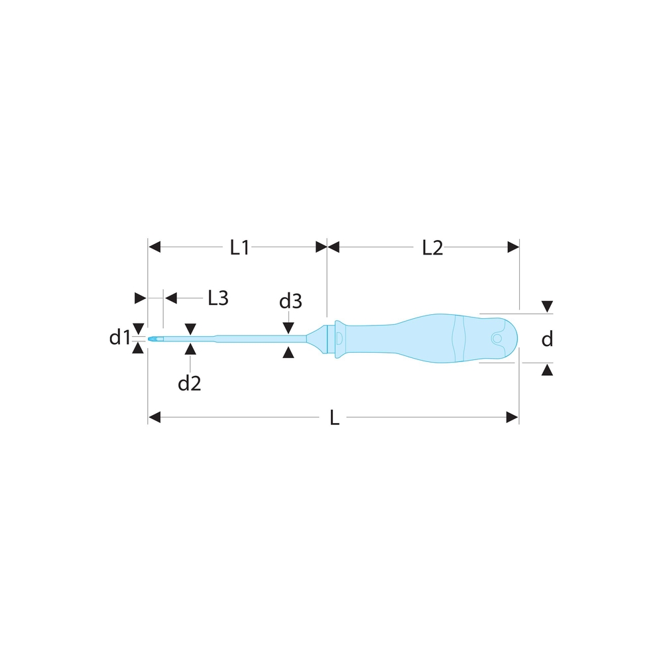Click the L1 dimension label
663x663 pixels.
click(239, 247)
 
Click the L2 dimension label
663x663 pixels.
click(432, 247)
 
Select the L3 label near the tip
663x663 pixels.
click(217, 298)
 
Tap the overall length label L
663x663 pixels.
click(335, 418)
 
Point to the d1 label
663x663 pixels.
click(120, 338)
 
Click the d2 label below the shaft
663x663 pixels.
click(190, 383)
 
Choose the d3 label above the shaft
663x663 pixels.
click(290, 302)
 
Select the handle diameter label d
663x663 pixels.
click(547, 339)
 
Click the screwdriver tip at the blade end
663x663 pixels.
click(153, 340)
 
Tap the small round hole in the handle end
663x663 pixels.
click(496, 339)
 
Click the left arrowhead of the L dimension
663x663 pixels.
click(154, 417)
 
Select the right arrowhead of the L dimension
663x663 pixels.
click(512, 417)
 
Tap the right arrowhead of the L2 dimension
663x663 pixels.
click(513, 247)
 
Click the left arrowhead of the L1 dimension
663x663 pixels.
click(154, 247)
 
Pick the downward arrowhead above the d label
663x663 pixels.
click(547, 307)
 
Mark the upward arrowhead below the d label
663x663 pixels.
click(547, 369)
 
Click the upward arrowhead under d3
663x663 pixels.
click(288, 352)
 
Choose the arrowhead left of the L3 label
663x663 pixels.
click(171, 298)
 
